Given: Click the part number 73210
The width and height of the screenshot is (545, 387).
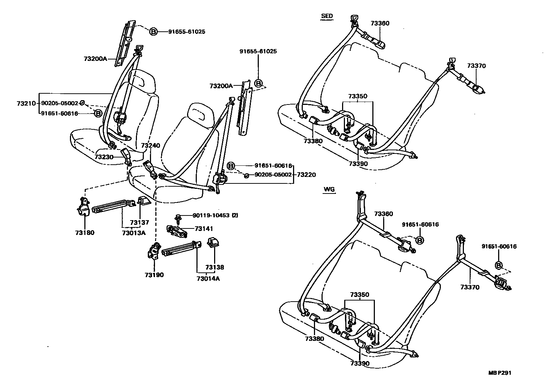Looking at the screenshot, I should click(26, 103).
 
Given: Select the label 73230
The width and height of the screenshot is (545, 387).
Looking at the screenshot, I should click(104, 157).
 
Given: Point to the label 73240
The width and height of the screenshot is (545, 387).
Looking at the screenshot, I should click(151, 146).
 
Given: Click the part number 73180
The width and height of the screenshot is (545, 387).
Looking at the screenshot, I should click(85, 232).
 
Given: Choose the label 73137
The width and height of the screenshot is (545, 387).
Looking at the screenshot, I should click(139, 223).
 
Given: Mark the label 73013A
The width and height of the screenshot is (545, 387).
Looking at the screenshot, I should click(133, 233).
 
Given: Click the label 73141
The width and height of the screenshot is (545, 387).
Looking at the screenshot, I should click(204, 228).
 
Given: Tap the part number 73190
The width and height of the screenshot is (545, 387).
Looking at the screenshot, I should click(154, 275).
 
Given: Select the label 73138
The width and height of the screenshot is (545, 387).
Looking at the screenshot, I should click(215, 267).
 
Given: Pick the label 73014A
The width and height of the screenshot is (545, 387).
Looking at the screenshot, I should click(208, 278).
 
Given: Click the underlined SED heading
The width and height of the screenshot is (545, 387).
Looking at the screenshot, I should click(327, 16).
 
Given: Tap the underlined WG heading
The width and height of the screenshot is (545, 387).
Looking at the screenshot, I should click(329, 189).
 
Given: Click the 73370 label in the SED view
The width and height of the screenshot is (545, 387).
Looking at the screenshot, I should click(477, 66).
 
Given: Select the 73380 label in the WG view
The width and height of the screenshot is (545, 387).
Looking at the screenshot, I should click(314, 339).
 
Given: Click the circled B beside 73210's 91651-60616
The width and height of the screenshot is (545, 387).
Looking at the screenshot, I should click(98, 113).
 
